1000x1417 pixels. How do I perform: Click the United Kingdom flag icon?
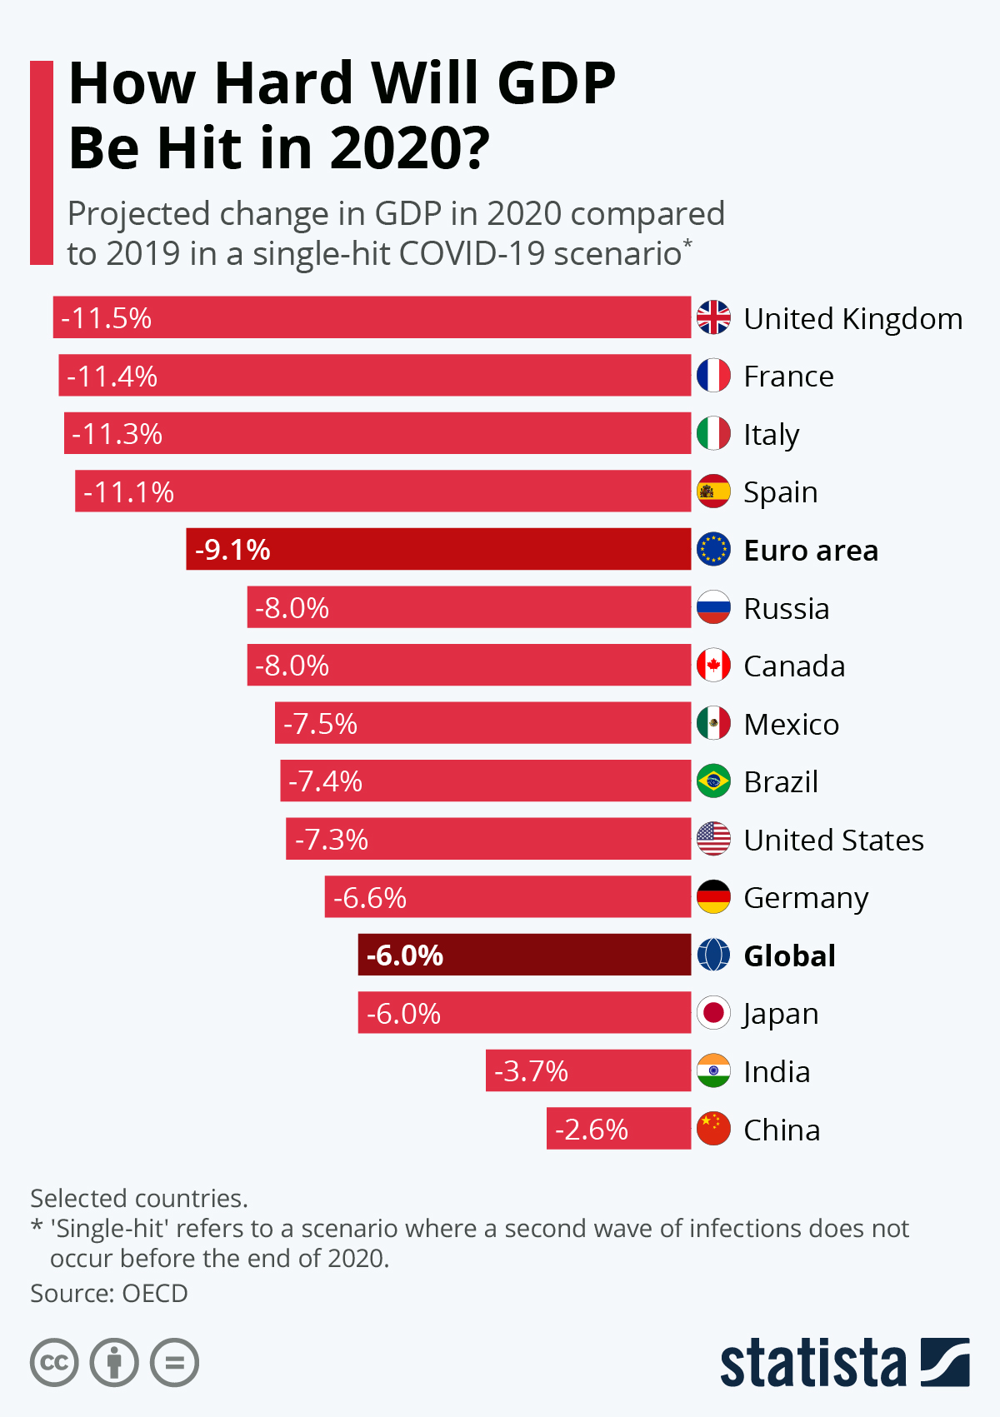[713, 317]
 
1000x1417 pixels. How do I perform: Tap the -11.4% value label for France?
[112, 377]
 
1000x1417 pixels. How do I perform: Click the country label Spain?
[780, 492]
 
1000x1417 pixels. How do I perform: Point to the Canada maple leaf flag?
[713, 666]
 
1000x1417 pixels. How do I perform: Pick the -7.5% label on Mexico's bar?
[320, 724]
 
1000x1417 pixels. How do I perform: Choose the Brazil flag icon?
[713, 781]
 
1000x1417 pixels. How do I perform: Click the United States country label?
[833, 840]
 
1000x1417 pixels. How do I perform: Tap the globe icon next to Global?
[713, 955]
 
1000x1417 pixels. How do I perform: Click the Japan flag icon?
[713, 1013]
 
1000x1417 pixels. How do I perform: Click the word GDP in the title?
[557, 83]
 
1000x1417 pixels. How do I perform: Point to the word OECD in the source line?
[154, 1293]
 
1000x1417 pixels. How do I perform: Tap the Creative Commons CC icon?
[54, 1363]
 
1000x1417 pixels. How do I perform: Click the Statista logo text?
[812, 1363]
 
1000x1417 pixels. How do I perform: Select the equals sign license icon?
[175, 1363]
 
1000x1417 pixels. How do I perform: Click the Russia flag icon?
[713, 608]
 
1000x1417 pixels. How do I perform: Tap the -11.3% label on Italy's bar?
[117, 434]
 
